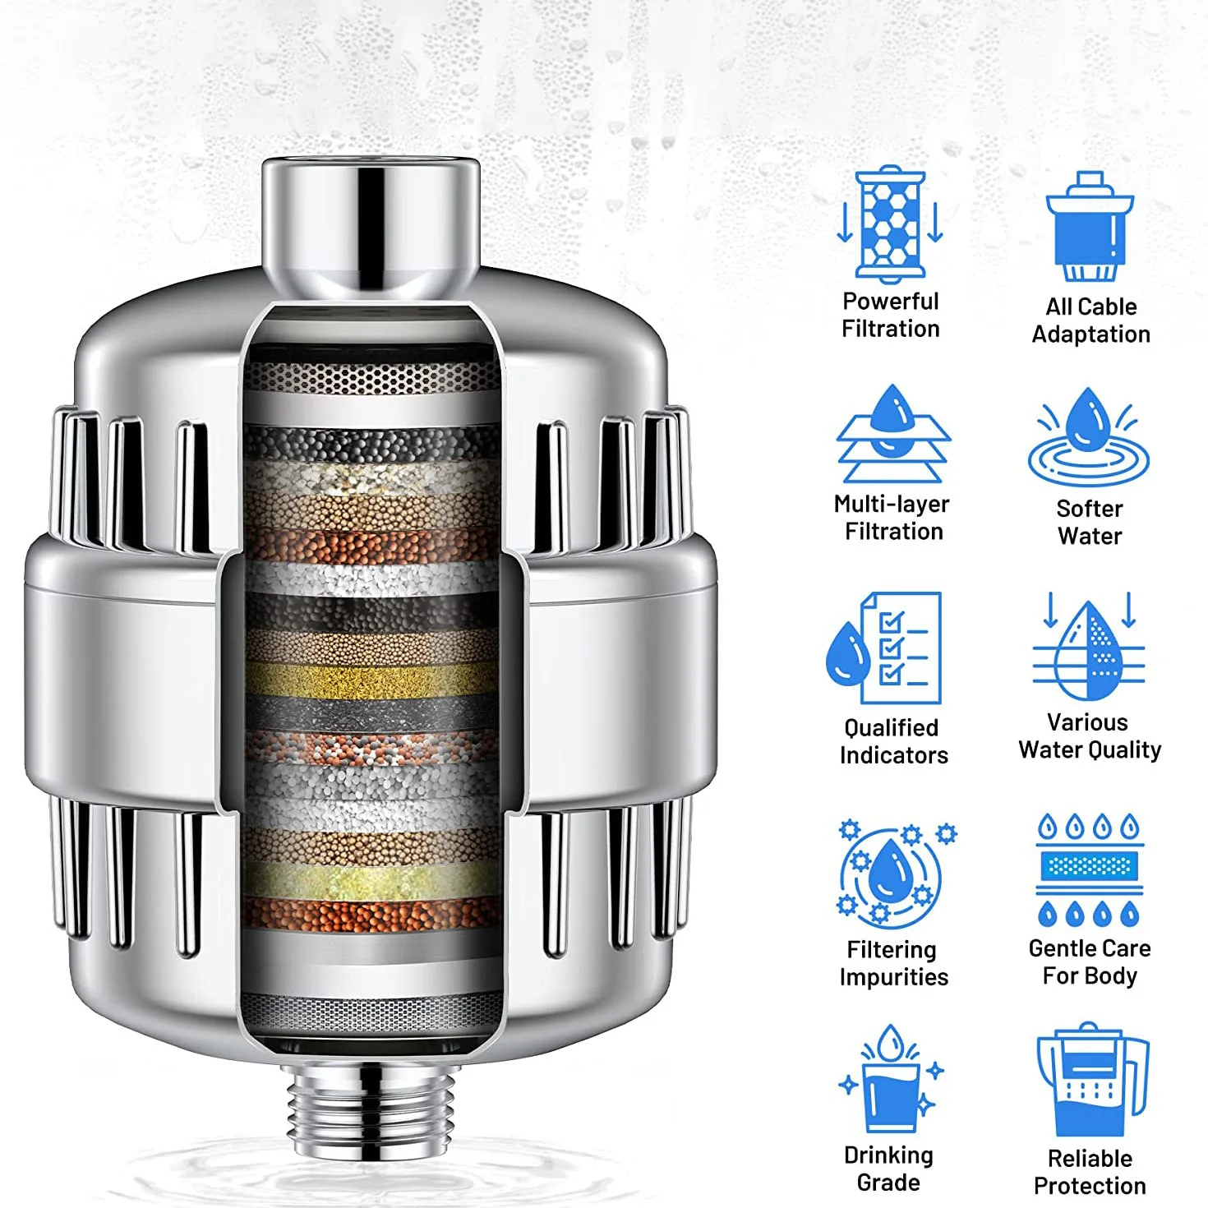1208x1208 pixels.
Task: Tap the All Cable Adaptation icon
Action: coord(1089,227)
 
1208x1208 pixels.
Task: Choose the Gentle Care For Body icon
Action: coord(1089,870)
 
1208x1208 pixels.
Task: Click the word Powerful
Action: coord(890,302)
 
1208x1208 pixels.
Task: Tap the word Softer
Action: coord(1089,509)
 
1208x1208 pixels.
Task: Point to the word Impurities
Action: coord(893,977)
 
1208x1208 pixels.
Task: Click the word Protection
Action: coord(1090,1186)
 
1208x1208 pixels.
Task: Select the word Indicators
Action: coord(893,755)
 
